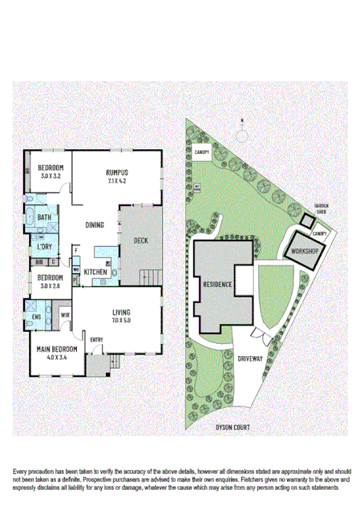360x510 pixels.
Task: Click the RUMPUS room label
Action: [117, 172]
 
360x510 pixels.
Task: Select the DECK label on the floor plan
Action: [140, 241]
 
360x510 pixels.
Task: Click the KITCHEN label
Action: [96, 273]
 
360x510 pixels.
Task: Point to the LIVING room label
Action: [122, 312]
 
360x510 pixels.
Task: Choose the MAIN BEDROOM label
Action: [56, 350]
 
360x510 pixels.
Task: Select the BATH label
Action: [44, 217]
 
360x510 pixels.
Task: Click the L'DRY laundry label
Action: [45, 246]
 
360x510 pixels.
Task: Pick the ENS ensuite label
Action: [36, 317]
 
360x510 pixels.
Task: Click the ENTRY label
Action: [97, 341]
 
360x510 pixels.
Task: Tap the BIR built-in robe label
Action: [38, 261]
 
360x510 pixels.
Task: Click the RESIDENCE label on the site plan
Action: [217, 285]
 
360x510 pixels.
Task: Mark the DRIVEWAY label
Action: [250, 359]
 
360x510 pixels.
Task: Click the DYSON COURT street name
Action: [233, 427]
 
